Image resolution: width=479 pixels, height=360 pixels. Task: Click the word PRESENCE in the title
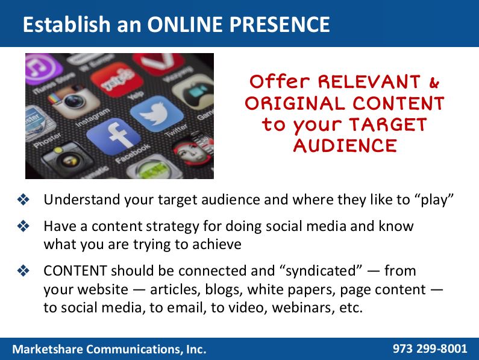(x=280, y=25)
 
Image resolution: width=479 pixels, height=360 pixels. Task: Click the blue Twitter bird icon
(x=157, y=113)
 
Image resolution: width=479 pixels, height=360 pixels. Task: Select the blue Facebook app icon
(x=113, y=136)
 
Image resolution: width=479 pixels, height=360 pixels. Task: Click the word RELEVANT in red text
(x=369, y=82)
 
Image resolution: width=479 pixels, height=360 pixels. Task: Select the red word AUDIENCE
(x=345, y=145)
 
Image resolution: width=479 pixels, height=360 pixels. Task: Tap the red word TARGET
(x=387, y=125)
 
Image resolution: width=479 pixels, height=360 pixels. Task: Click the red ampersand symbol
(x=434, y=82)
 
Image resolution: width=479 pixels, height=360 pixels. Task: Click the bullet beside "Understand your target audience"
(x=23, y=200)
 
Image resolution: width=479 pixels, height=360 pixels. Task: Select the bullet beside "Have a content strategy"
(x=23, y=226)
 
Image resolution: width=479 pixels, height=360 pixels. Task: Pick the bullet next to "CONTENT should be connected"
(x=23, y=271)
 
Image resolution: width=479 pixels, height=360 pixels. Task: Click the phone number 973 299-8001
(x=430, y=349)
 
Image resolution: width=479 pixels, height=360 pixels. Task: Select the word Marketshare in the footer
(x=48, y=349)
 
